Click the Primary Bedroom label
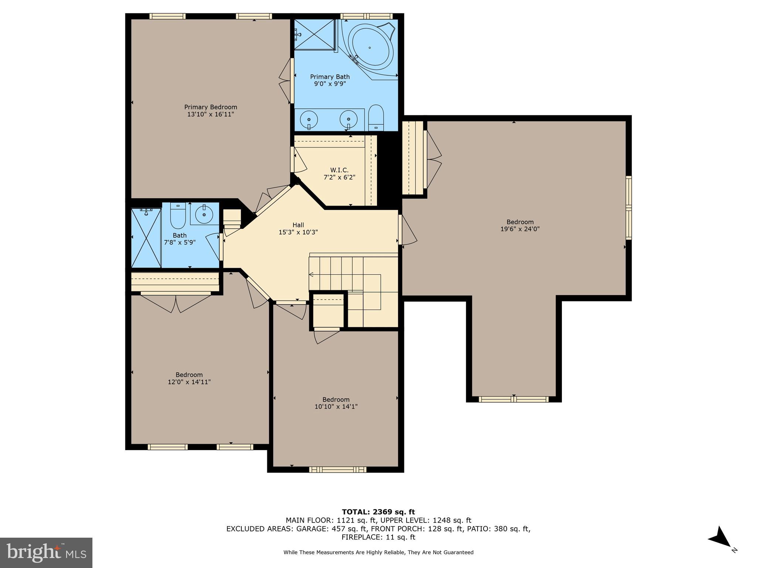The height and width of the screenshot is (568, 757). [x=211, y=107]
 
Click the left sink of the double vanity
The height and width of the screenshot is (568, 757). [x=309, y=120]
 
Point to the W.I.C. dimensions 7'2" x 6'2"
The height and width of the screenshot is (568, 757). [x=339, y=177]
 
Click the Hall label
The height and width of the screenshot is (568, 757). [x=298, y=225]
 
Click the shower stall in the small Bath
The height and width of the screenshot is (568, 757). [x=146, y=238]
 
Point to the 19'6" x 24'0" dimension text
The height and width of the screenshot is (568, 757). [x=520, y=229]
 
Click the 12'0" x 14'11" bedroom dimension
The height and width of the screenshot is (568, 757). [x=189, y=382]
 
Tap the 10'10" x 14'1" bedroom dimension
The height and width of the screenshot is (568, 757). [x=336, y=406]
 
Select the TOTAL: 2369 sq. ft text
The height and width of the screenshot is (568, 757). [x=378, y=512]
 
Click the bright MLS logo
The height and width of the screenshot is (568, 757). [x=46, y=552]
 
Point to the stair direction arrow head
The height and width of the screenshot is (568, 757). [x=311, y=274]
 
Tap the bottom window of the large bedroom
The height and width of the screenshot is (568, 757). [x=513, y=399]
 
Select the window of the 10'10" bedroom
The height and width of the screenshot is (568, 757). [x=337, y=469]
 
